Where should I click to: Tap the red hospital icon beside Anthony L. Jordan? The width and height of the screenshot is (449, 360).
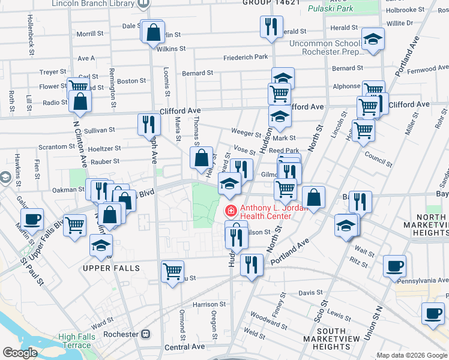[x=231, y=211]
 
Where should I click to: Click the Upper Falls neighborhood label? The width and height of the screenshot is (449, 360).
[x=112, y=268]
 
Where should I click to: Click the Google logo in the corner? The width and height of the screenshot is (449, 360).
[x=19, y=353]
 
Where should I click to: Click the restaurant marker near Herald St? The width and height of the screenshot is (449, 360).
[x=271, y=26]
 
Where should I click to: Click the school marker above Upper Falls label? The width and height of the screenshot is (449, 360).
[x=101, y=244]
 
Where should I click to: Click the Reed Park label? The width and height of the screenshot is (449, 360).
[x=284, y=151]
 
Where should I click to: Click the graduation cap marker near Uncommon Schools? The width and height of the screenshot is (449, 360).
[x=373, y=40]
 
